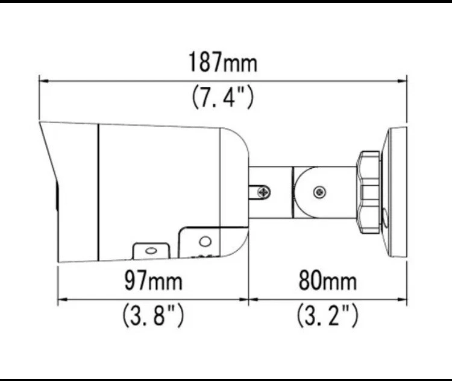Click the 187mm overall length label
pyautogui.click(x=222, y=62)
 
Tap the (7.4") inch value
pyautogui.click(x=222, y=96)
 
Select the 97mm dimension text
pyautogui.click(x=152, y=280)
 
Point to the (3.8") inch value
pyautogui.click(x=152, y=315)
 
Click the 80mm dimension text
pyautogui.click(x=327, y=280)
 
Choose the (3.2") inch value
pyautogui.click(x=327, y=315)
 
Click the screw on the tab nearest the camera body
pyautogui.click(x=263, y=192)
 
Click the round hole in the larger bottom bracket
pyautogui.click(x=205, y=242)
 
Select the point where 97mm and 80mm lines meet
pyautogui.click(x=249, y=297)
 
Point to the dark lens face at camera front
pyautogui.click(x=57, y=199)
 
